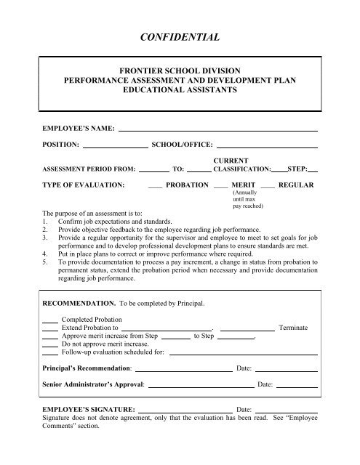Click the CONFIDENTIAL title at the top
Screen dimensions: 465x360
tap(180, 34)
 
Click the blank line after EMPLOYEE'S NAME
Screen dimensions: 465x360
tap(217, 129)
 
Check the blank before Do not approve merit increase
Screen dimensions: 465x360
tap(49, 345)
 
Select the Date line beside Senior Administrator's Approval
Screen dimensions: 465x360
tap(296, 384)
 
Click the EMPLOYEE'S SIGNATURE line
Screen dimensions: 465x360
tap(185, 412)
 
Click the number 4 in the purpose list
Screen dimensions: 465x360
tap(45, 255)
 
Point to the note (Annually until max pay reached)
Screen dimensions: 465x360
tap(244, 201)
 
